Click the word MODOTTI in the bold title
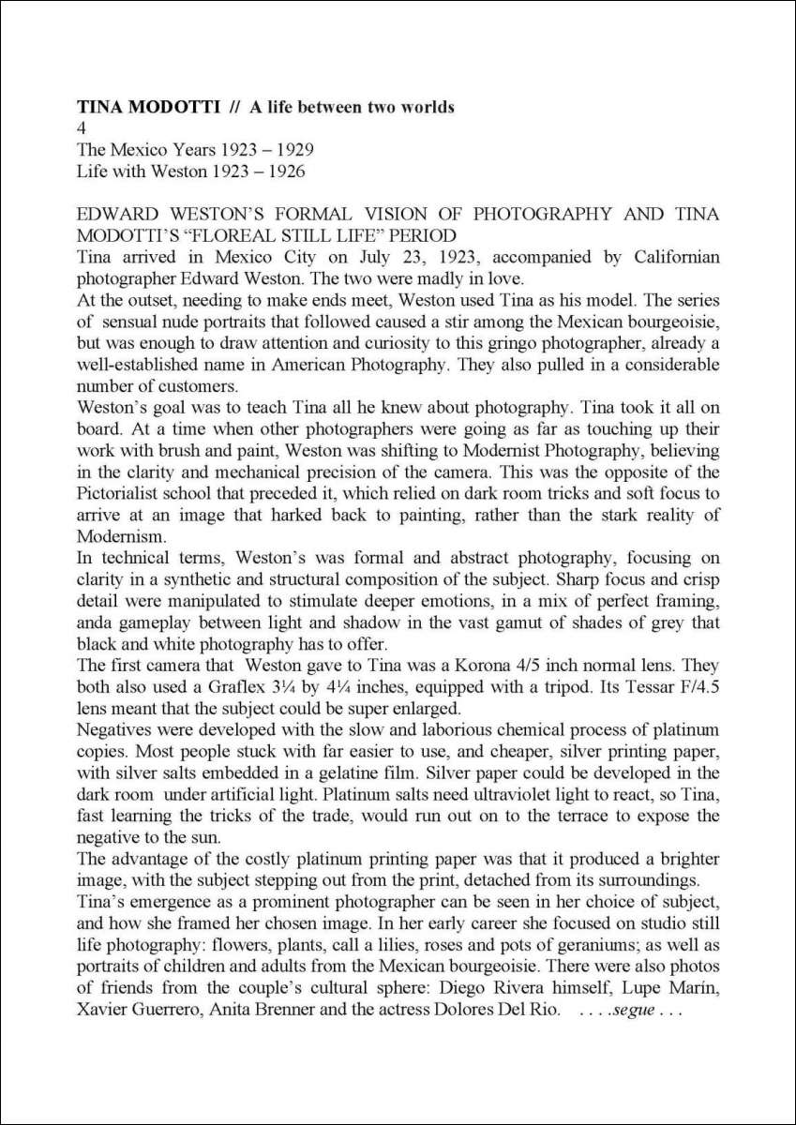pyautogui.click(x=166, y=107)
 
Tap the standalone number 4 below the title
pyautogui.click(x=81, y=127)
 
